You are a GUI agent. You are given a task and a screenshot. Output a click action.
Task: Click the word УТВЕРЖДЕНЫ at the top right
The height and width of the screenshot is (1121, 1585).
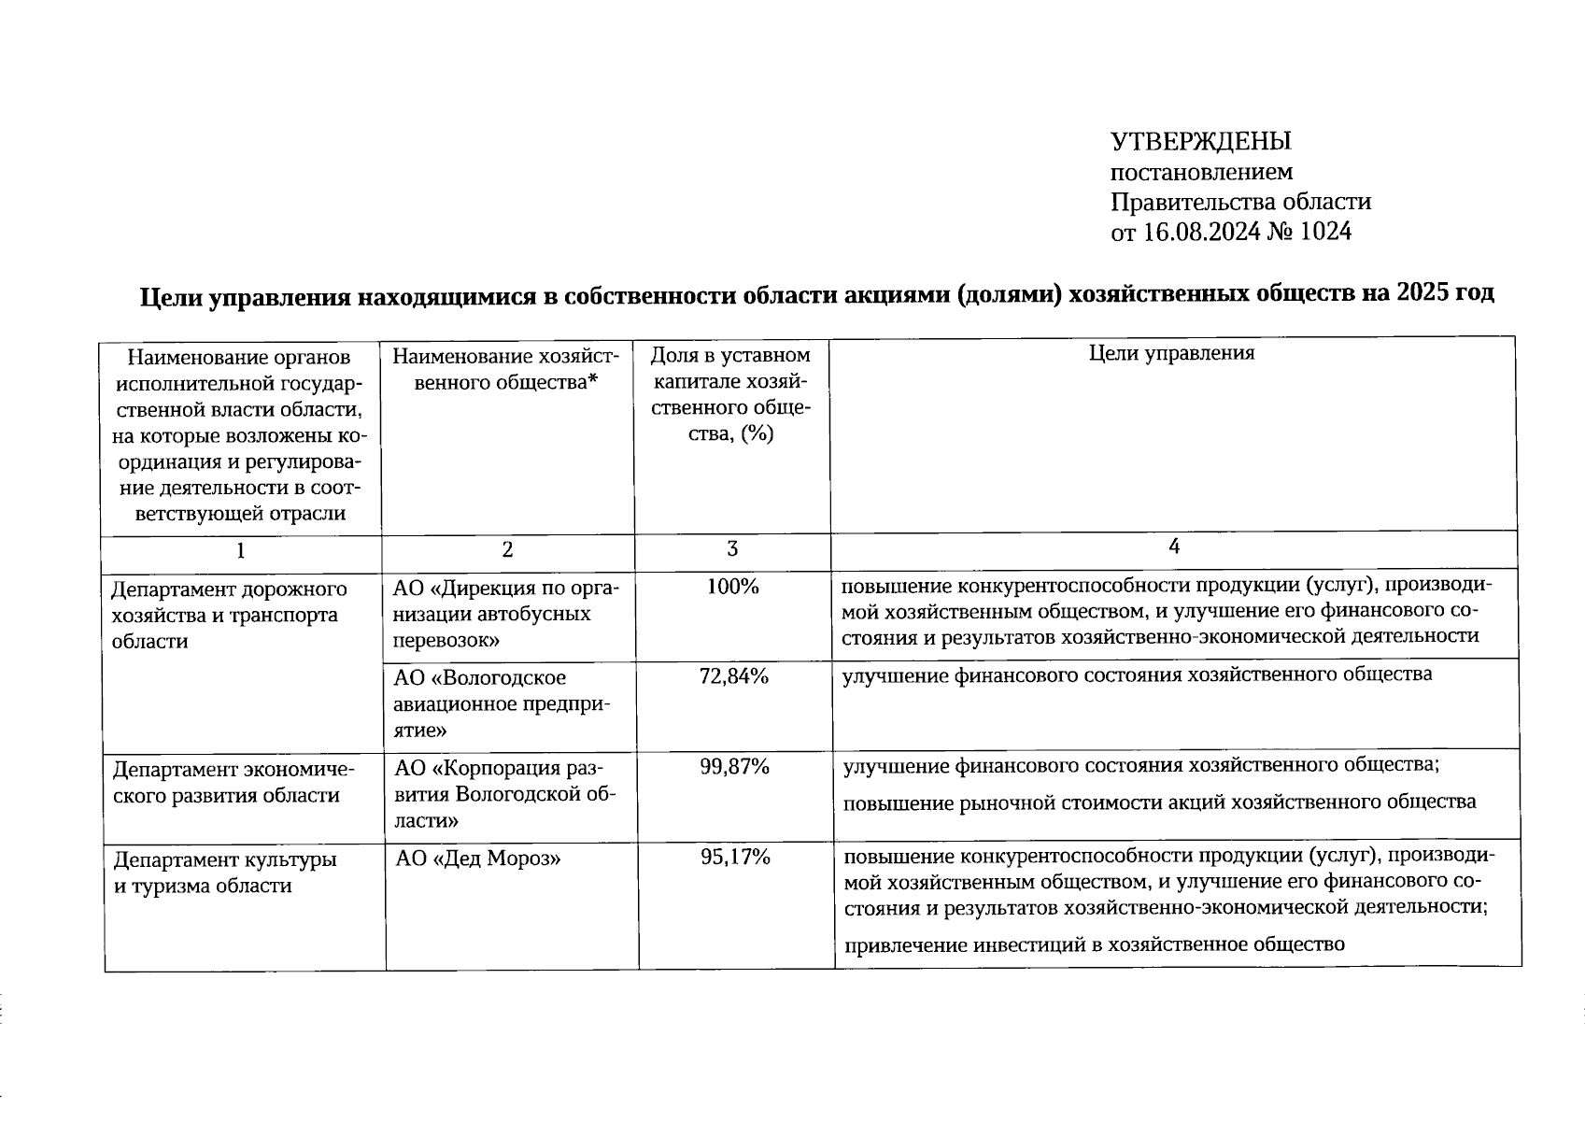pos(1200,142)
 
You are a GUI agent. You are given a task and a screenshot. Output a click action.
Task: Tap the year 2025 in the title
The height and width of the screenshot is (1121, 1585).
pos(1424,293)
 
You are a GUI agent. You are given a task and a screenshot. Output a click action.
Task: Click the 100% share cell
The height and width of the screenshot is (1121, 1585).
pos(732,587)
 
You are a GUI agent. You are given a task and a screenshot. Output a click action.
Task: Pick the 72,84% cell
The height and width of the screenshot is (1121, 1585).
pos(733,676)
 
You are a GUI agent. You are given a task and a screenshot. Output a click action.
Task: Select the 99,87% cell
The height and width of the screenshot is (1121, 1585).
pos(734,767)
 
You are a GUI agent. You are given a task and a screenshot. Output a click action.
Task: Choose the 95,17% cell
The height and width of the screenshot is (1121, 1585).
pos(735,857)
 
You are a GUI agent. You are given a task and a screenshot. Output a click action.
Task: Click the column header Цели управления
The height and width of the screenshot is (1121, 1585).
pos(1171,353)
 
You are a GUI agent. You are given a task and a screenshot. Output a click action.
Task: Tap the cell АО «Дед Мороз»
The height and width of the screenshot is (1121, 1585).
pos(477,858)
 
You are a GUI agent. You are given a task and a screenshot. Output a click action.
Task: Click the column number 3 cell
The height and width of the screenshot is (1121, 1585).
pos(732,549)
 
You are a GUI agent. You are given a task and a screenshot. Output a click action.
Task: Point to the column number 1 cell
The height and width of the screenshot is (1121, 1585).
pos(241,550)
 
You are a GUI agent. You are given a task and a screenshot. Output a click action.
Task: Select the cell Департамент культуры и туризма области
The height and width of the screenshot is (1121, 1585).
pos(224,872)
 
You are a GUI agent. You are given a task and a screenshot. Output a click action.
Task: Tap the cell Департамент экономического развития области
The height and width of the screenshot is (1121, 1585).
pos(234,782)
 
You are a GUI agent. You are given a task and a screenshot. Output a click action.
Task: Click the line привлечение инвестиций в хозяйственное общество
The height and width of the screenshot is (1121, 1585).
pos(1094,944)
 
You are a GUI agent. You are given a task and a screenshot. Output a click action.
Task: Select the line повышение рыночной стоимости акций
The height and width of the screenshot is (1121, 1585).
pos(1159,802)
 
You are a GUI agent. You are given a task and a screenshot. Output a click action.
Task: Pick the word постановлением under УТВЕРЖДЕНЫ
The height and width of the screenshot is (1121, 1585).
pos(1201,172)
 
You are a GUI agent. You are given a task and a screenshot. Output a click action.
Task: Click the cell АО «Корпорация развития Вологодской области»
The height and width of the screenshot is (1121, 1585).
pos(504,794)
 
